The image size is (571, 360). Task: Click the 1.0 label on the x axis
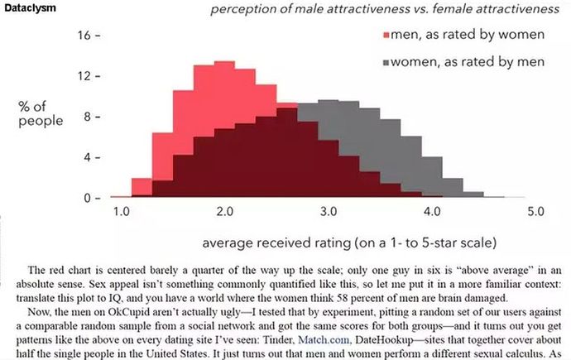(x=122, y=213)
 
